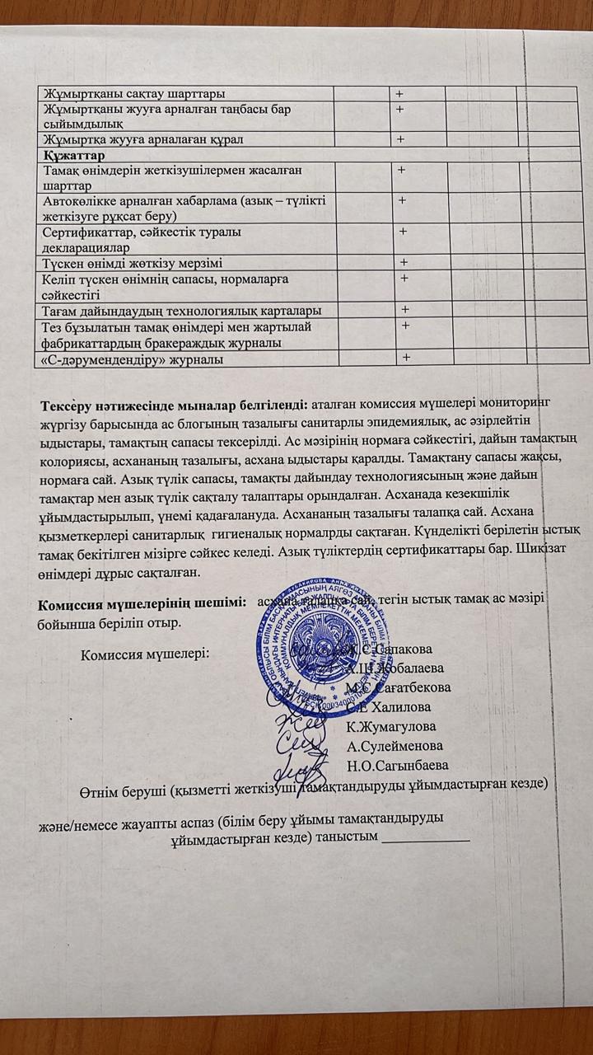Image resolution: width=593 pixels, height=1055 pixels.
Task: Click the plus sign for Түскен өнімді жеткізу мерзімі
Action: point(404,262)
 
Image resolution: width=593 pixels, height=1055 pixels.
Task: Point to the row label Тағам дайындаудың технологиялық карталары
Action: point(181,310)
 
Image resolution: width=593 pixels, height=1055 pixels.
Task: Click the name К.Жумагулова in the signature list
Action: point(391,726)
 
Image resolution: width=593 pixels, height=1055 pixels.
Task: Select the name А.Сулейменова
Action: point(395,746)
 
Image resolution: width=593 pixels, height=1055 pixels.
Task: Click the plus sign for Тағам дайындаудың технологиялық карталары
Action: point(405,309)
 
